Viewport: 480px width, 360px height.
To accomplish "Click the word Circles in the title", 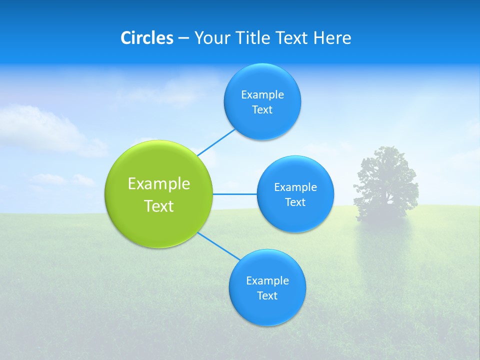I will (x=146, y=38).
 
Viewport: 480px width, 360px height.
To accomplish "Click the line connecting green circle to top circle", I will (x=216, y=142).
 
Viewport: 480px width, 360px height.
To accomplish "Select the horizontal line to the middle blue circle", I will (x=235, y=194).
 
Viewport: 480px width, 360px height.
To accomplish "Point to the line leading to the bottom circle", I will (x=218, y=246).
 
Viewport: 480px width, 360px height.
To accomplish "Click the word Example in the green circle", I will (x=159, y=184).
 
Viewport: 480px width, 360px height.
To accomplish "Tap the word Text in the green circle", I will (x=159, y=206).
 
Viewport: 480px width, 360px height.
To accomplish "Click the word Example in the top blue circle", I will (x=262, y=95).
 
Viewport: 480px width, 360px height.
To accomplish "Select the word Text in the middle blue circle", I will (x=295, y=202).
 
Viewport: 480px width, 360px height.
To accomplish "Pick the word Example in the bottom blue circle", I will (x=267, y=280).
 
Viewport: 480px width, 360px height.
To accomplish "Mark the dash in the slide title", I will (x=183, y=38).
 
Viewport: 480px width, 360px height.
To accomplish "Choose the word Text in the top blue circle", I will (x=262, y=110).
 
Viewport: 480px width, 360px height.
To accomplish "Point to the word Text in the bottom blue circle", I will (x=267, y=295).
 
